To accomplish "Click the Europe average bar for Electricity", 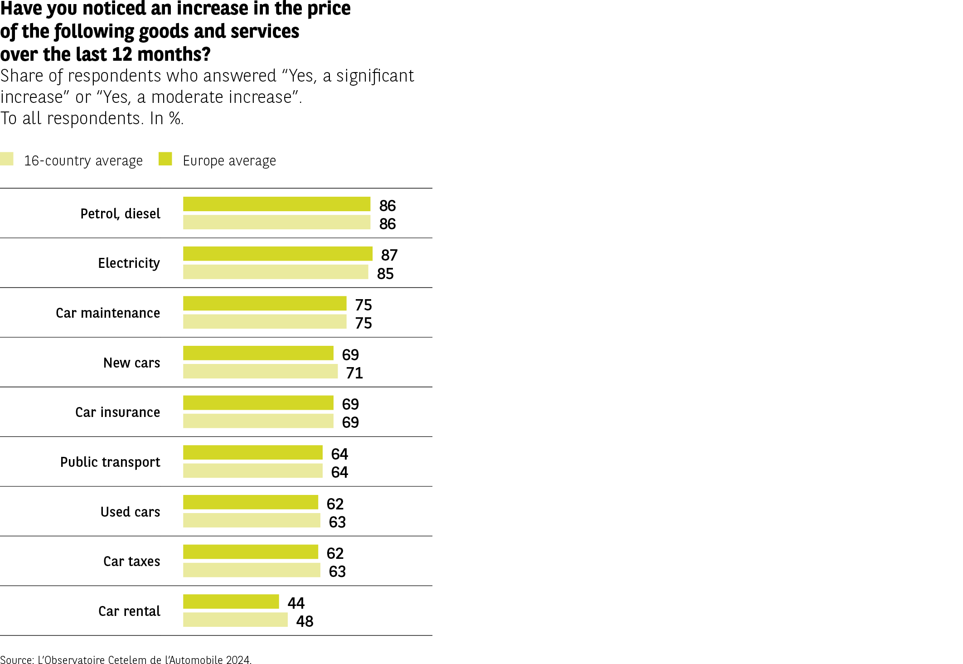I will coord(277,254).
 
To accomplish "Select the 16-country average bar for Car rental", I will coord(235,620).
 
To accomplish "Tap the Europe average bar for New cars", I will coord(258,353).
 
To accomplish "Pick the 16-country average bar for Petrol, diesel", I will coord(276,222).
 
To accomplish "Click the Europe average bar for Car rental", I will coord(231,601).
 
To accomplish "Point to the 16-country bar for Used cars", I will coord(252,520).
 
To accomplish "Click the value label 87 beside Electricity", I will coord(389,255).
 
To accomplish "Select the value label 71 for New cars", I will coord(354,373).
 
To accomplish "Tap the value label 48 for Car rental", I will coord(305,621).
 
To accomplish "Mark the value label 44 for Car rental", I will coord(296,603).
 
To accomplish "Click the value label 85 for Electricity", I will coord(385,274).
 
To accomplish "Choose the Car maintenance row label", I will coord(108,313).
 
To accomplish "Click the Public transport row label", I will coord(110,462).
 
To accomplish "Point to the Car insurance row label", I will coord(117,412).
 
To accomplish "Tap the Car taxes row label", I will coord(131,562).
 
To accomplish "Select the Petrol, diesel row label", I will coord(120,214).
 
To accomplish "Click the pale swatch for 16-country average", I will coord(7,159).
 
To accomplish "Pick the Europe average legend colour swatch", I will coord(165,159).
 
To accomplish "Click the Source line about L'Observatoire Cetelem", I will coord(126,659).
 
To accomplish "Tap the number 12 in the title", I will coord(121,54).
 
